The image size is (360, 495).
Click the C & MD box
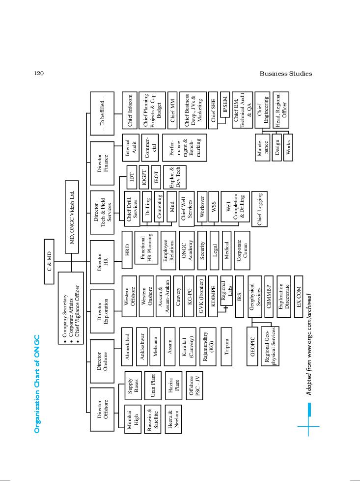(49, 261)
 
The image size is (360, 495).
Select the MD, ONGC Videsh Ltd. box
(72, 217)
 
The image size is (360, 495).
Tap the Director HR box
(102, 262)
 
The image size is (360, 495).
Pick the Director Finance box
(102, 163)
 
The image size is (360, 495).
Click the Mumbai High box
(133, 419)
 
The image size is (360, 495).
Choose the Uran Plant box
(153, 385)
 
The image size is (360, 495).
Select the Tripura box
(226, 347)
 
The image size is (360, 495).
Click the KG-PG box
(189, 297)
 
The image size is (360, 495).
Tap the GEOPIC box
(252, 347)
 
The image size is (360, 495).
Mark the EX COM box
(299, 297)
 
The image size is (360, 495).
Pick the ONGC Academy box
(187, 250)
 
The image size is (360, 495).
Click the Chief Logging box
(259, 209)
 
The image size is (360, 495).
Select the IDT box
(132, 177)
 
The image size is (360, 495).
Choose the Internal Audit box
(130, 148)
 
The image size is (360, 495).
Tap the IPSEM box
(225, 105)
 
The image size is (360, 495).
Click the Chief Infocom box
(130, 110)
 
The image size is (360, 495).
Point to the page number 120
(39, 73)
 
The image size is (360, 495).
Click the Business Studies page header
(286, 74)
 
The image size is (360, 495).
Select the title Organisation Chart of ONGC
(37, 384)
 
